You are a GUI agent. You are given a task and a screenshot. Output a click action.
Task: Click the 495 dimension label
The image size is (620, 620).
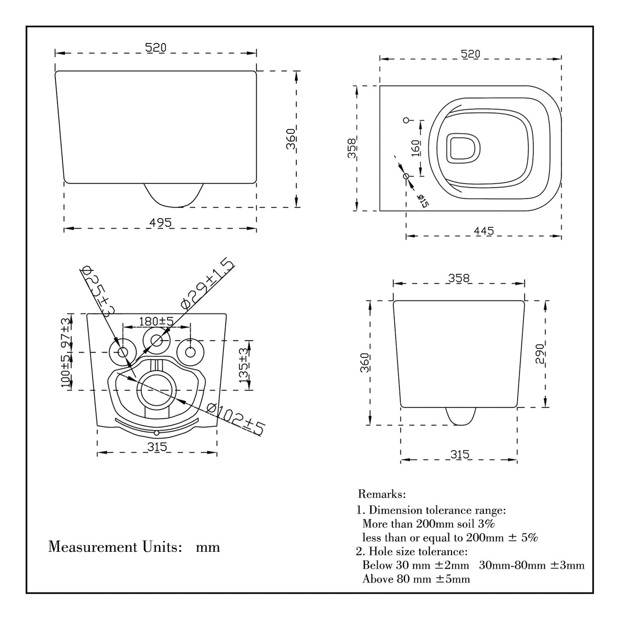[x=160, y=223]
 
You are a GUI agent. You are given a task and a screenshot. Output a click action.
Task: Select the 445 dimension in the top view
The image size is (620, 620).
[x=484, y=231]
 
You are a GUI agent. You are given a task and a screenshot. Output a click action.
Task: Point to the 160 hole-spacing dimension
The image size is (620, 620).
[x=415, y=148]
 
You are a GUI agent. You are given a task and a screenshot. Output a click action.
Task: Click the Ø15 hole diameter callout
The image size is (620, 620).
[x=423, y=200]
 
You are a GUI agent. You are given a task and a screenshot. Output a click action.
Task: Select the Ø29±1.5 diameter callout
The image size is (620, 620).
[x=208, y=284]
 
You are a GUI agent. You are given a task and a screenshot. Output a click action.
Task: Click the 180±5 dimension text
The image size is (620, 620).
[x=156, y=321]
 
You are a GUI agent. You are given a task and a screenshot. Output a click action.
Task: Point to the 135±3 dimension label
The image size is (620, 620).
[x=243, y=365]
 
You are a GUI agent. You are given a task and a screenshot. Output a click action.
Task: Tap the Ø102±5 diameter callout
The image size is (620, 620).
[x=235, y=419]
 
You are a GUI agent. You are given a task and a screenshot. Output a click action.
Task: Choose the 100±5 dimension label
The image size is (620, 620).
[x=66, y=371]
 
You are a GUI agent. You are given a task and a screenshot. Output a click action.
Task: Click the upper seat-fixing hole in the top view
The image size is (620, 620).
[x=406, y=120]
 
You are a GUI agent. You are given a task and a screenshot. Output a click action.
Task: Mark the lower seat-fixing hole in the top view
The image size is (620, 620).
[x=406, y=176]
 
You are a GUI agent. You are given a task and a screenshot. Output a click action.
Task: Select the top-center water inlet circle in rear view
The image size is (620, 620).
[x=157, y=341]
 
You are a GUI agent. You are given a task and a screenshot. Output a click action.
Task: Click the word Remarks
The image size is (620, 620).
[x=382, y=494]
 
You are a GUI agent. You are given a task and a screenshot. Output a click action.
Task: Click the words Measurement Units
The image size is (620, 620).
[x=113, y=547]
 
